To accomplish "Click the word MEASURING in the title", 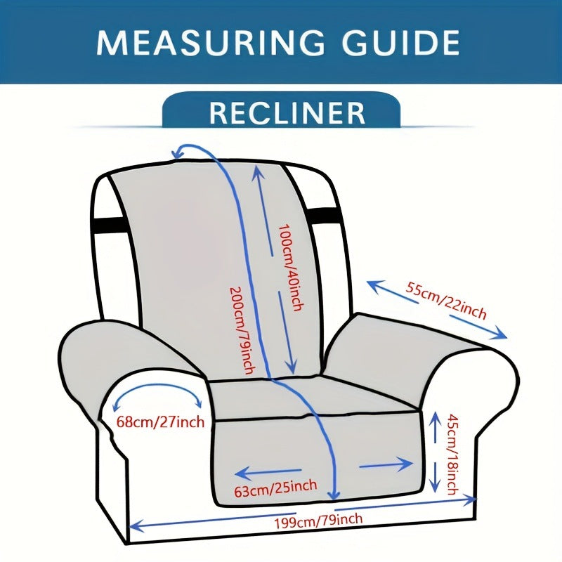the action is (x=210, y=43).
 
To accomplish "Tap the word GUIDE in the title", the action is (x=400, y=43).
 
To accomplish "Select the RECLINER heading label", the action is (x=287, y=113).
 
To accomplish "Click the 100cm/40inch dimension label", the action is (x=292, y=268).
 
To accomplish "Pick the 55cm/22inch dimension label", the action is (x=446, y=301).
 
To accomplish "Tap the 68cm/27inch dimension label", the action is (x=160, y=421).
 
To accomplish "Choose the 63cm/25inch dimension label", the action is (x=275, y=488).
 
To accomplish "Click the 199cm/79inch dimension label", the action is (x=319, y=520).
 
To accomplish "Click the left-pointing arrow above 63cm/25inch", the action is (x=268, y=473).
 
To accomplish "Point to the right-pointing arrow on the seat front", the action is (x=386, y=465).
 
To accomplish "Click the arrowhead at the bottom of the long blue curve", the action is (x=334, y=495).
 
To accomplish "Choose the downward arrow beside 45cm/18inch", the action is (x=435, y=478).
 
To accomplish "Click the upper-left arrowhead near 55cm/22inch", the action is (x=374, y=286).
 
